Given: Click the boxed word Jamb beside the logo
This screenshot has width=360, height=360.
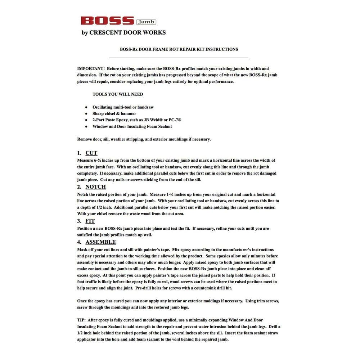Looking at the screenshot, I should [146, 22].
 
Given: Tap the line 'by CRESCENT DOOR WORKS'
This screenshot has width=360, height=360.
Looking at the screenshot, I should [124, 32].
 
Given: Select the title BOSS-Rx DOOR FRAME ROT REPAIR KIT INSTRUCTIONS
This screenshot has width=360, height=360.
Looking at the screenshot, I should [179, 49].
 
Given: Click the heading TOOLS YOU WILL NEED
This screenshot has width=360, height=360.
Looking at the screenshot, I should [118, 94].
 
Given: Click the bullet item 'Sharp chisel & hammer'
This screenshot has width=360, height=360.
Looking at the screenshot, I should [114, 113].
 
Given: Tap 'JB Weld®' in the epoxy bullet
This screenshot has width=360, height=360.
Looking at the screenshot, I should [151, 120].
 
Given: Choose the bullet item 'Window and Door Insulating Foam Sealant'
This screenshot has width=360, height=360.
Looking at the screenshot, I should [132, 126].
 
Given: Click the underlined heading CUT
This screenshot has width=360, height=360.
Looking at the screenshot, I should [91, 153].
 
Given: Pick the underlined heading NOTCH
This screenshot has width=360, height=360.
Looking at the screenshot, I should [95, 187].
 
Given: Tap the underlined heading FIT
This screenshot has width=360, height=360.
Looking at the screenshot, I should [90, 221].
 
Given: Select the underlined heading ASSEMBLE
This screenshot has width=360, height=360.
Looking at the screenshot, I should [100, 242].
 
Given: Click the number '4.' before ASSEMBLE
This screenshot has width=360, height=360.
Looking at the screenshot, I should [80, 242].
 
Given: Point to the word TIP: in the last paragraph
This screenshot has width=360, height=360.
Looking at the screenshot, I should [82, 320].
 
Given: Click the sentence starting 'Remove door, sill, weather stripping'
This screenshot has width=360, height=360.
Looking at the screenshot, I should [144, 139].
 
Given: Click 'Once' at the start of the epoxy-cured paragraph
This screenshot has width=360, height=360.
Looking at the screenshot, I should [82, 301].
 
